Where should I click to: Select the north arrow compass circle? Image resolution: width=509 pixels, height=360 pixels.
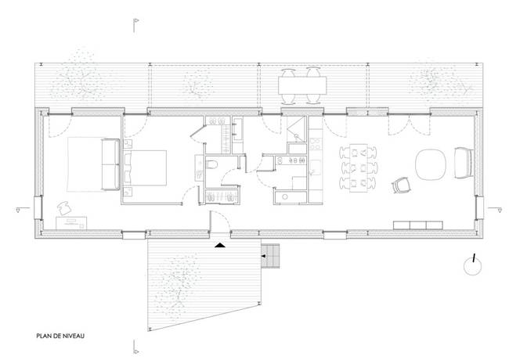(472, 266)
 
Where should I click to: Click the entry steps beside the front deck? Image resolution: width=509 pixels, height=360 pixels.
(270, 254)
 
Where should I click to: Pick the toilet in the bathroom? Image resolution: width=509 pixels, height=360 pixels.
(214, 165)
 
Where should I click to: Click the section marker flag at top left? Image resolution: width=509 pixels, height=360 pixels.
(135, 21)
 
